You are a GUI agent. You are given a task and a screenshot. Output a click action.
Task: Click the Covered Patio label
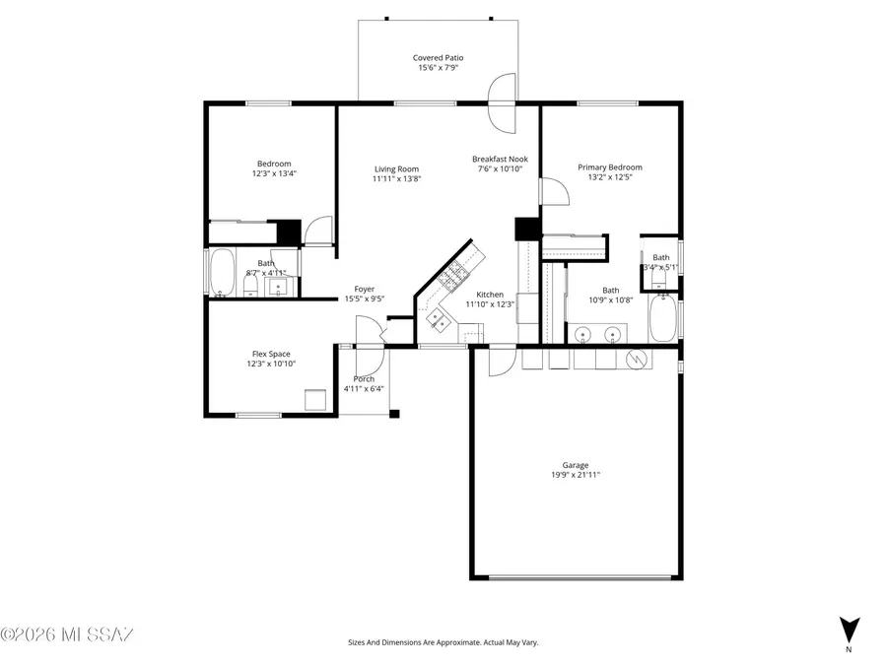[x=438, y=58]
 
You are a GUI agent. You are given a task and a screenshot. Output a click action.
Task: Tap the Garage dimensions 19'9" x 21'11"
[x=576, y=475]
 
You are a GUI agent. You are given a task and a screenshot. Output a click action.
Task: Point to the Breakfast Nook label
[x=500, y=159]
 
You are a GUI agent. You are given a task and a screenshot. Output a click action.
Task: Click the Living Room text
[x=396, y=168]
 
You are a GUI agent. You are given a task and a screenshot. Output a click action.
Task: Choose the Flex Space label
[x=271, y=354]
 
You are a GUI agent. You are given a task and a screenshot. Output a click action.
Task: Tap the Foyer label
[x=364, y=289]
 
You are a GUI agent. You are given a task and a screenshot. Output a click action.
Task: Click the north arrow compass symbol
[x=849, y=629]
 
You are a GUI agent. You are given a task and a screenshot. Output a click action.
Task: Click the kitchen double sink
[x=435, y=317]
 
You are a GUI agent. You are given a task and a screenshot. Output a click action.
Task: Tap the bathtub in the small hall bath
[x=223, y=273]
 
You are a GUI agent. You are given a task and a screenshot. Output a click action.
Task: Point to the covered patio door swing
[x=503, y=102]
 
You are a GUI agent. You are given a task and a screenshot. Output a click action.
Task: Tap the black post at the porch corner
[x=393, y=414]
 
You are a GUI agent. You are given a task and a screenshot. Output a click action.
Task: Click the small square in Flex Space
[x=315, y=400]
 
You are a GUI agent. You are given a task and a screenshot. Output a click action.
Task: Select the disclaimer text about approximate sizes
[x=443, y=642]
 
